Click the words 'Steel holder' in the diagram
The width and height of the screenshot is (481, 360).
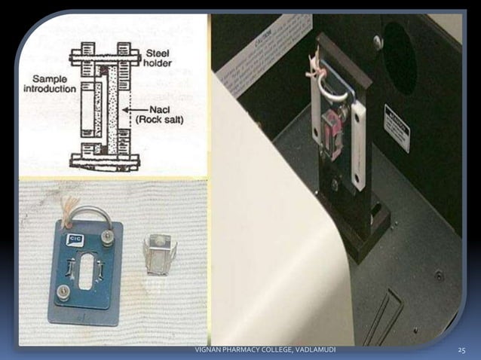click(x=161, y=58)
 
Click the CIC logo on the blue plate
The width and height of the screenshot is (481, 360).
click(x=76, y=240)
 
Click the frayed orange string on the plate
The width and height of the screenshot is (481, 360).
click(x=71, y=207)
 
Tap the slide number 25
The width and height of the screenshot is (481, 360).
click(x=462, y=352)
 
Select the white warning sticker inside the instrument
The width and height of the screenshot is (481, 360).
click(x=397, y=129)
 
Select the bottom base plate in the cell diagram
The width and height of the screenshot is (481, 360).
click(x=106, y=160)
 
